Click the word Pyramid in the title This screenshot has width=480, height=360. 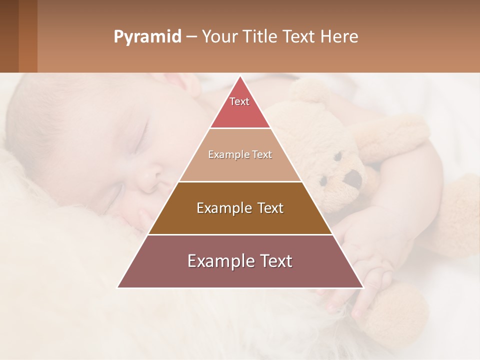point(147,37)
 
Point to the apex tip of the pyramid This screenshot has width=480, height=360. point(240,76)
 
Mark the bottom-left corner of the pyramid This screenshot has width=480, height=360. point(118,287)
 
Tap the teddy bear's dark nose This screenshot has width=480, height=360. point(354,178)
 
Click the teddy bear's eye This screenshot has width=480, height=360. point(337,156)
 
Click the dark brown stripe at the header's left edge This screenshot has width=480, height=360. point(9,36)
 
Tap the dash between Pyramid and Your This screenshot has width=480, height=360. point(191,37)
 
